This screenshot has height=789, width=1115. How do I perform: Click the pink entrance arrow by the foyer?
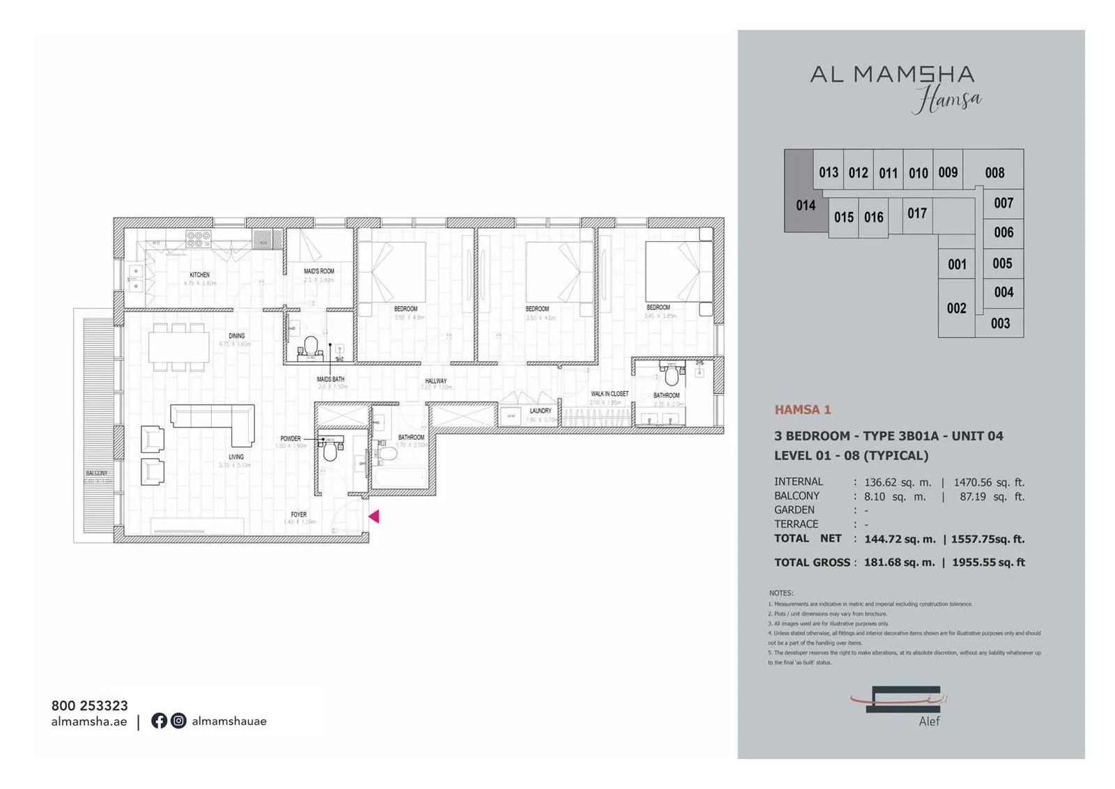click(x=374, y=516)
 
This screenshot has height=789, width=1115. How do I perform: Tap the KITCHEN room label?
click(x=199, y=275)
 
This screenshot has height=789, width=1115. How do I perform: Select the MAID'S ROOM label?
click(x=318, y=271)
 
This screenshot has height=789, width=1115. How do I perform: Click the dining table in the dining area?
click(x=179, y=346)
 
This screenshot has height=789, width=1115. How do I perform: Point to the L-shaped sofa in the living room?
click(x=213, y=420)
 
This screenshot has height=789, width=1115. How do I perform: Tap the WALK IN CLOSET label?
click(x=609, y=394)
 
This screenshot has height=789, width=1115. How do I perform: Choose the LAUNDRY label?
click(x=540, y=411)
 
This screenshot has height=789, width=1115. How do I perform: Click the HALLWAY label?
click(x=436, y=381)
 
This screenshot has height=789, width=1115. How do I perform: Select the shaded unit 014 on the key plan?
click(x=805, y=205)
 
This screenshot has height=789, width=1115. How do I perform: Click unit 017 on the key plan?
click(x=917, y=213)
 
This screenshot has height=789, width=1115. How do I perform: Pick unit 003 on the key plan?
click(x=1000, y=323)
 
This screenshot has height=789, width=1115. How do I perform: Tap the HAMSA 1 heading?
click(x=802, y=410)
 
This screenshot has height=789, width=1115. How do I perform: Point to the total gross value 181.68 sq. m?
click(x=899, y=562)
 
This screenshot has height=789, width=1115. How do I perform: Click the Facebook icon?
click(x=159, y=721)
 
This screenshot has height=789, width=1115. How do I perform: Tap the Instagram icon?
click(x=178, y=721)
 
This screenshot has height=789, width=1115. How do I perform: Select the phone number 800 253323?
click(x=89, y=705)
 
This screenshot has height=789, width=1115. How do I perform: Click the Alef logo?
click(x=899, y=704)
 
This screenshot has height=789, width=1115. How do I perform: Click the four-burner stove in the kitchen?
click(x=198, y=240)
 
